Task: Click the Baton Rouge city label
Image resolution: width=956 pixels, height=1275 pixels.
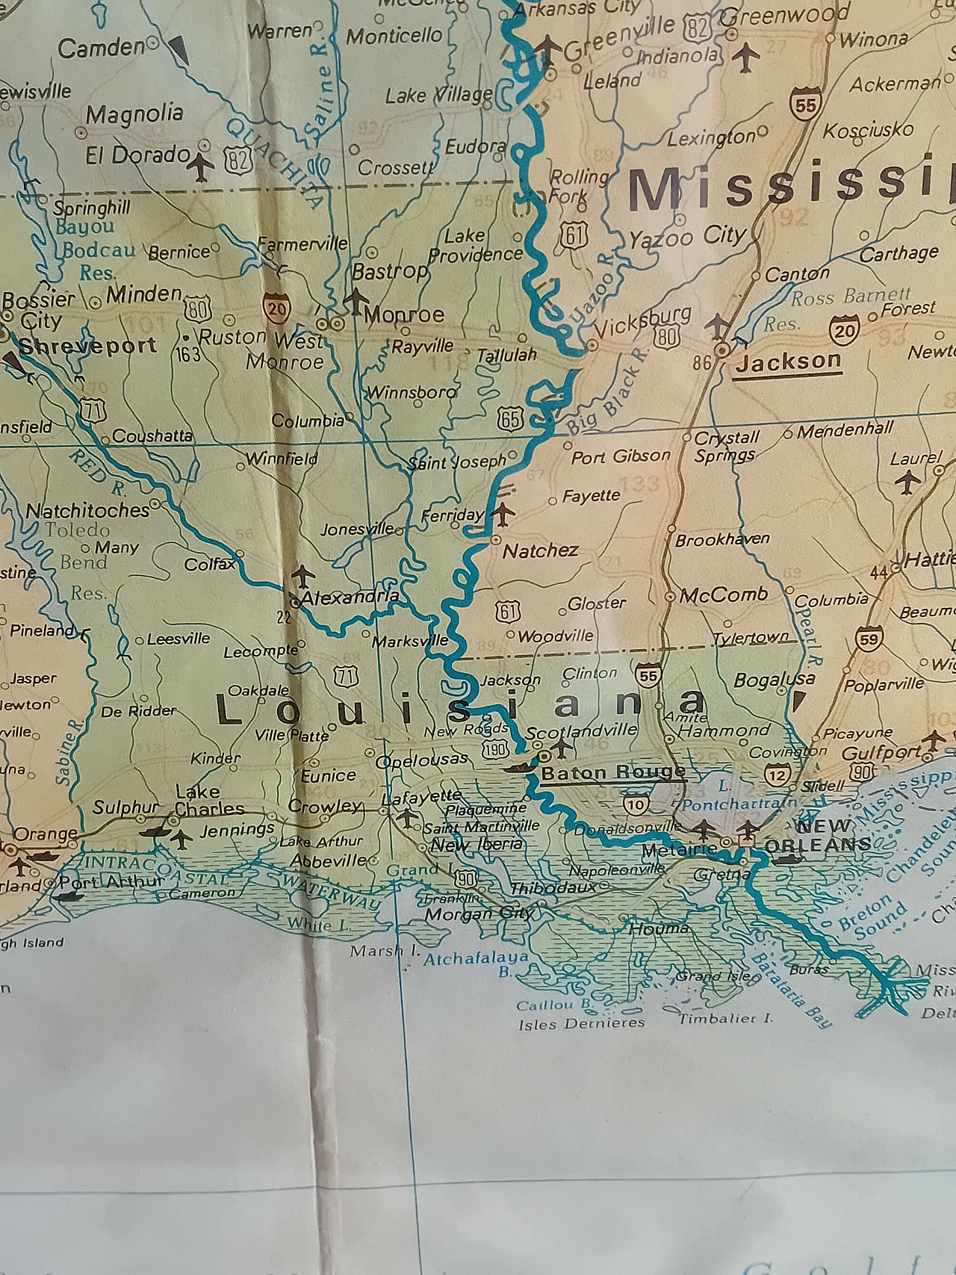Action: tap(612, 772)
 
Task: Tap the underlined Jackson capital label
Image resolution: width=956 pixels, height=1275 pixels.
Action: tap(788, 362)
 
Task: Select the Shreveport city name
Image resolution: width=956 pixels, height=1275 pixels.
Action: tap(87, 347)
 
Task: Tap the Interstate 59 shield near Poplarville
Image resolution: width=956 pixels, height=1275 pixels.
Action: tap(869, 639)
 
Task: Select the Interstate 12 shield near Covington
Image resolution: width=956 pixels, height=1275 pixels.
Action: tap(777, 775)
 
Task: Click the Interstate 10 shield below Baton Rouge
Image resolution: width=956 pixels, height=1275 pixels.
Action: tap(636, 804)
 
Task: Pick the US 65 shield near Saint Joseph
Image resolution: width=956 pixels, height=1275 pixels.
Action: tap(510, 419)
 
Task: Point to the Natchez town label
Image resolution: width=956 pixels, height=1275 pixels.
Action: tap(540, 551)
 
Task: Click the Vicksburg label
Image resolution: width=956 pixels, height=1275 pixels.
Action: tap(642, 321)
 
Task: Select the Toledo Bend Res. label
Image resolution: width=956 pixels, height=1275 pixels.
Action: tap(78, 560)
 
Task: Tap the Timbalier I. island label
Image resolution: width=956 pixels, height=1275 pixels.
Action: tap(725, 1018)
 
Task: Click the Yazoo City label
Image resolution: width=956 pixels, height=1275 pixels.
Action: tap(686, 238)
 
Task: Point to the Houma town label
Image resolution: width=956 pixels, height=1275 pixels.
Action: tap(659, 928)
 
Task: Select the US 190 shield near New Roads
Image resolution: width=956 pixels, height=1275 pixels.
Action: tap(494, 749)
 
